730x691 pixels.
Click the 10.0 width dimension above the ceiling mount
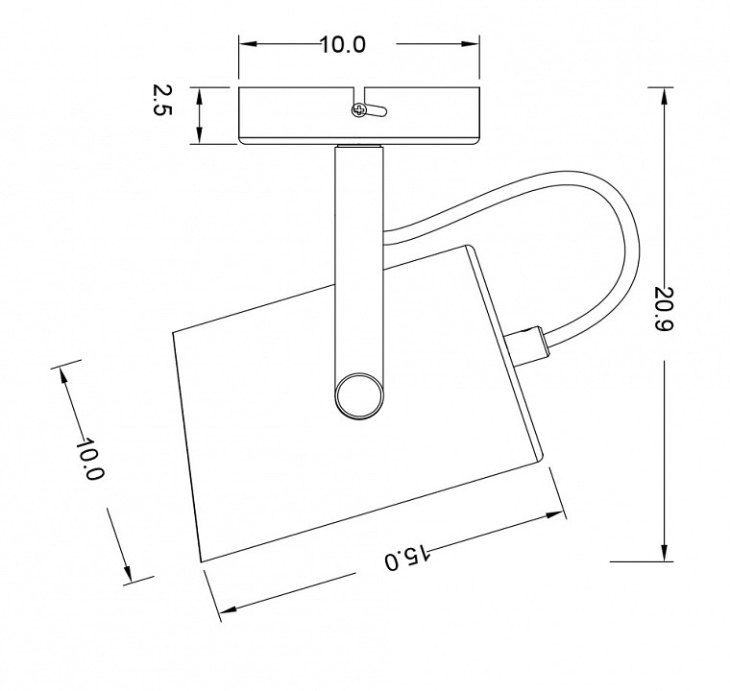tap(344, 45)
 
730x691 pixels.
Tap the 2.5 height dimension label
tap(162, 101)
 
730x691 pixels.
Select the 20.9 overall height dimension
tap(664, 308)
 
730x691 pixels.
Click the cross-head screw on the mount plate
tap(359, 110)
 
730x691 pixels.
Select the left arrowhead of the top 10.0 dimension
tap(248, 44)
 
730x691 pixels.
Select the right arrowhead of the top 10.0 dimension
tap(471, 44)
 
